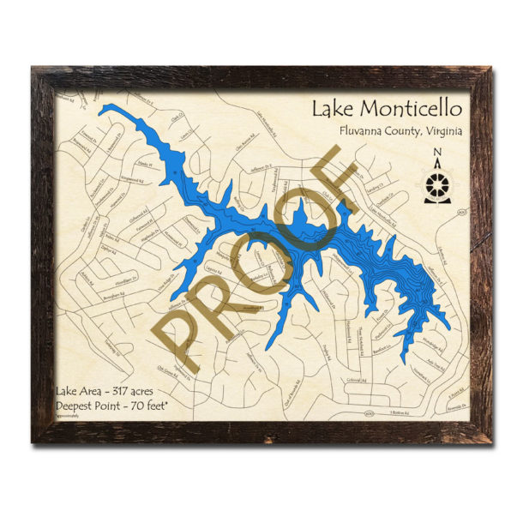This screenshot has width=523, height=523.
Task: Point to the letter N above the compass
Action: (438, 154)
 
